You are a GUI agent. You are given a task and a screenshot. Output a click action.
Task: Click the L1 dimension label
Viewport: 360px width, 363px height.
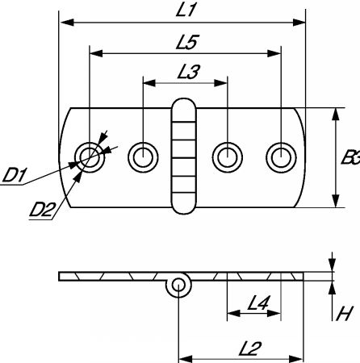point(185,10)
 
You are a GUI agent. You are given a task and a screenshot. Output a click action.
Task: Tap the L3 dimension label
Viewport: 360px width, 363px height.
point(189,72)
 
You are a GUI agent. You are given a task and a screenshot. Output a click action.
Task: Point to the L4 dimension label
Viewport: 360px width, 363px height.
point(258,302)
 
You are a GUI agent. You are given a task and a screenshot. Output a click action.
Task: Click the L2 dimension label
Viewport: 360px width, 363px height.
point(250,348)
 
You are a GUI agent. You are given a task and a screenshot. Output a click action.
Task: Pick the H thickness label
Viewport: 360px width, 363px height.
point(345,314)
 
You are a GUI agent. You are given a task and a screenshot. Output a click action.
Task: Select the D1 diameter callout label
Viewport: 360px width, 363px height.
point(14,175)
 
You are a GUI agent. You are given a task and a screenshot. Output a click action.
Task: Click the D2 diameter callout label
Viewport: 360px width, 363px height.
point(42,210)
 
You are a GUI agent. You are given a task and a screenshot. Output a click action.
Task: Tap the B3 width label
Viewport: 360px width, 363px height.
point(350,157)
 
